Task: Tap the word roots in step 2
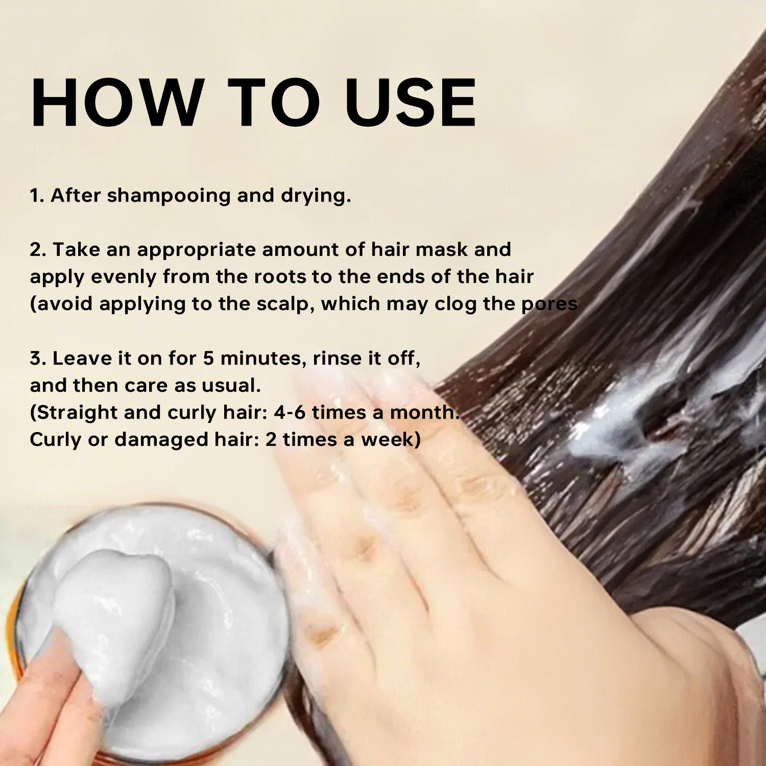(x=280, y=277)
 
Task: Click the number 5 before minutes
(x=208, y=358)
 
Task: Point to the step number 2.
(x=38, y=250)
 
